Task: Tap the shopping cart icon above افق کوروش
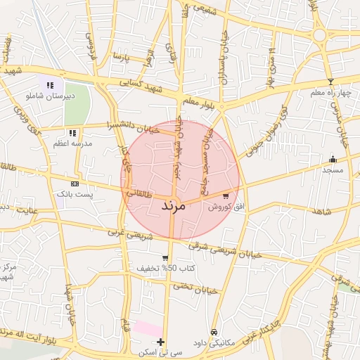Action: (225, 196)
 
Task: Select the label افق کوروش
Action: (224, 207)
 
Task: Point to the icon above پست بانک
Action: (75, 183)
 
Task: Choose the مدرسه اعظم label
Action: (72, 143)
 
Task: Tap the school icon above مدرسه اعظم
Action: (72, 132)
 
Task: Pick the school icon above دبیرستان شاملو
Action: (50, 85)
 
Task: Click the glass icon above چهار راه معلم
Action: (331, 82)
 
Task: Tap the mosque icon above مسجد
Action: (333, 159)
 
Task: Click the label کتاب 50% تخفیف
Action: (165, 269)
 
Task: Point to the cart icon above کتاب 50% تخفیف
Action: (165, 258)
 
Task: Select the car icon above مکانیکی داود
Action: (212, 332)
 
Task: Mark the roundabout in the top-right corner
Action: (321, 34)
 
